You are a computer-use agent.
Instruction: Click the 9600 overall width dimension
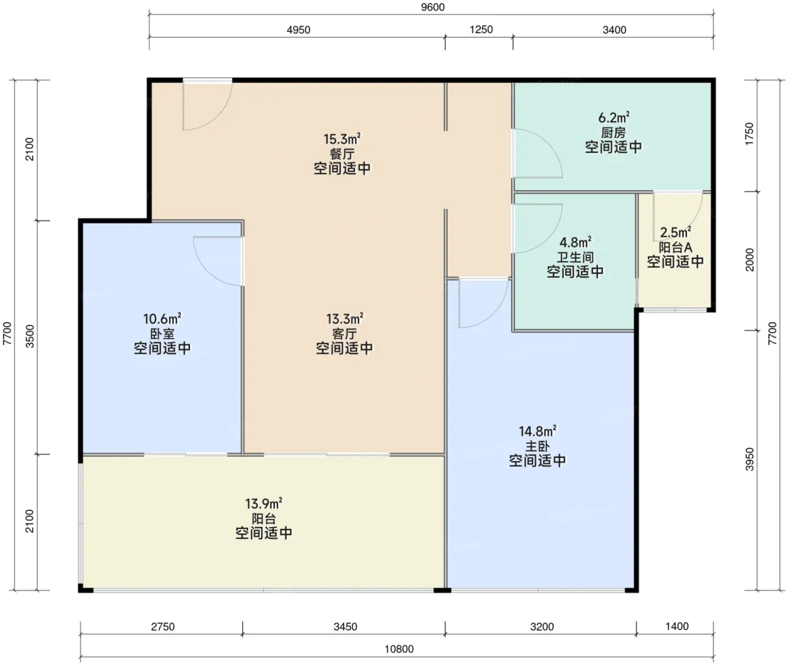432,7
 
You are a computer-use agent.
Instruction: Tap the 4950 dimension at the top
298,30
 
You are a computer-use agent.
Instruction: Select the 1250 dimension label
481,29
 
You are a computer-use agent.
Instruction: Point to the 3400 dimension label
614,30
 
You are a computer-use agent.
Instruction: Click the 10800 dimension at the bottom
399,649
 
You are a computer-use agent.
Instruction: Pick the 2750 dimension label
163,627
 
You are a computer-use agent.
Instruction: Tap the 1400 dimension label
677,627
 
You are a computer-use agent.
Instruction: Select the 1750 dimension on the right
749,133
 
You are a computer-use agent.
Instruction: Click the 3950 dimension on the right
750,459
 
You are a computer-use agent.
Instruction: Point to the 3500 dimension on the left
30,336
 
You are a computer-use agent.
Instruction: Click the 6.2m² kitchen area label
614,118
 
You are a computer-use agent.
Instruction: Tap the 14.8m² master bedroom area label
538,431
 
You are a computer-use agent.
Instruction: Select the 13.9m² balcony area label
264,504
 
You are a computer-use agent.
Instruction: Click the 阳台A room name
675,248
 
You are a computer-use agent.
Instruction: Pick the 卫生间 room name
576,257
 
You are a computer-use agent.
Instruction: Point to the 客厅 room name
344,334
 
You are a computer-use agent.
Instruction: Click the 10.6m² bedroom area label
162,319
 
